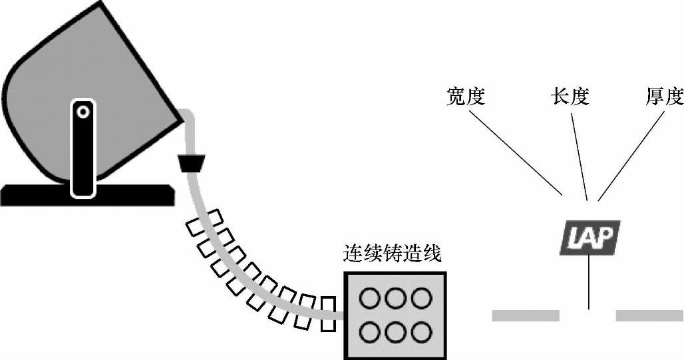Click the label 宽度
tap(465, 97)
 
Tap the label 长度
tap(570, 97)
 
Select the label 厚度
tap(665, 97)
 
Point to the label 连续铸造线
tap(392, 254)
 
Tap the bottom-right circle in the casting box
tap(421, 331)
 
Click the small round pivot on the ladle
tap(83, 112)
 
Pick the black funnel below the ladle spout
tap(191, 162)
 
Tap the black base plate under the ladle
tap(40, 194)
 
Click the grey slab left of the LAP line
tap(526, 315)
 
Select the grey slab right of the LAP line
tap(649, 315)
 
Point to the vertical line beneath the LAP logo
tap(589, 283)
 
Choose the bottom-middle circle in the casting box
tap(395, 331)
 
